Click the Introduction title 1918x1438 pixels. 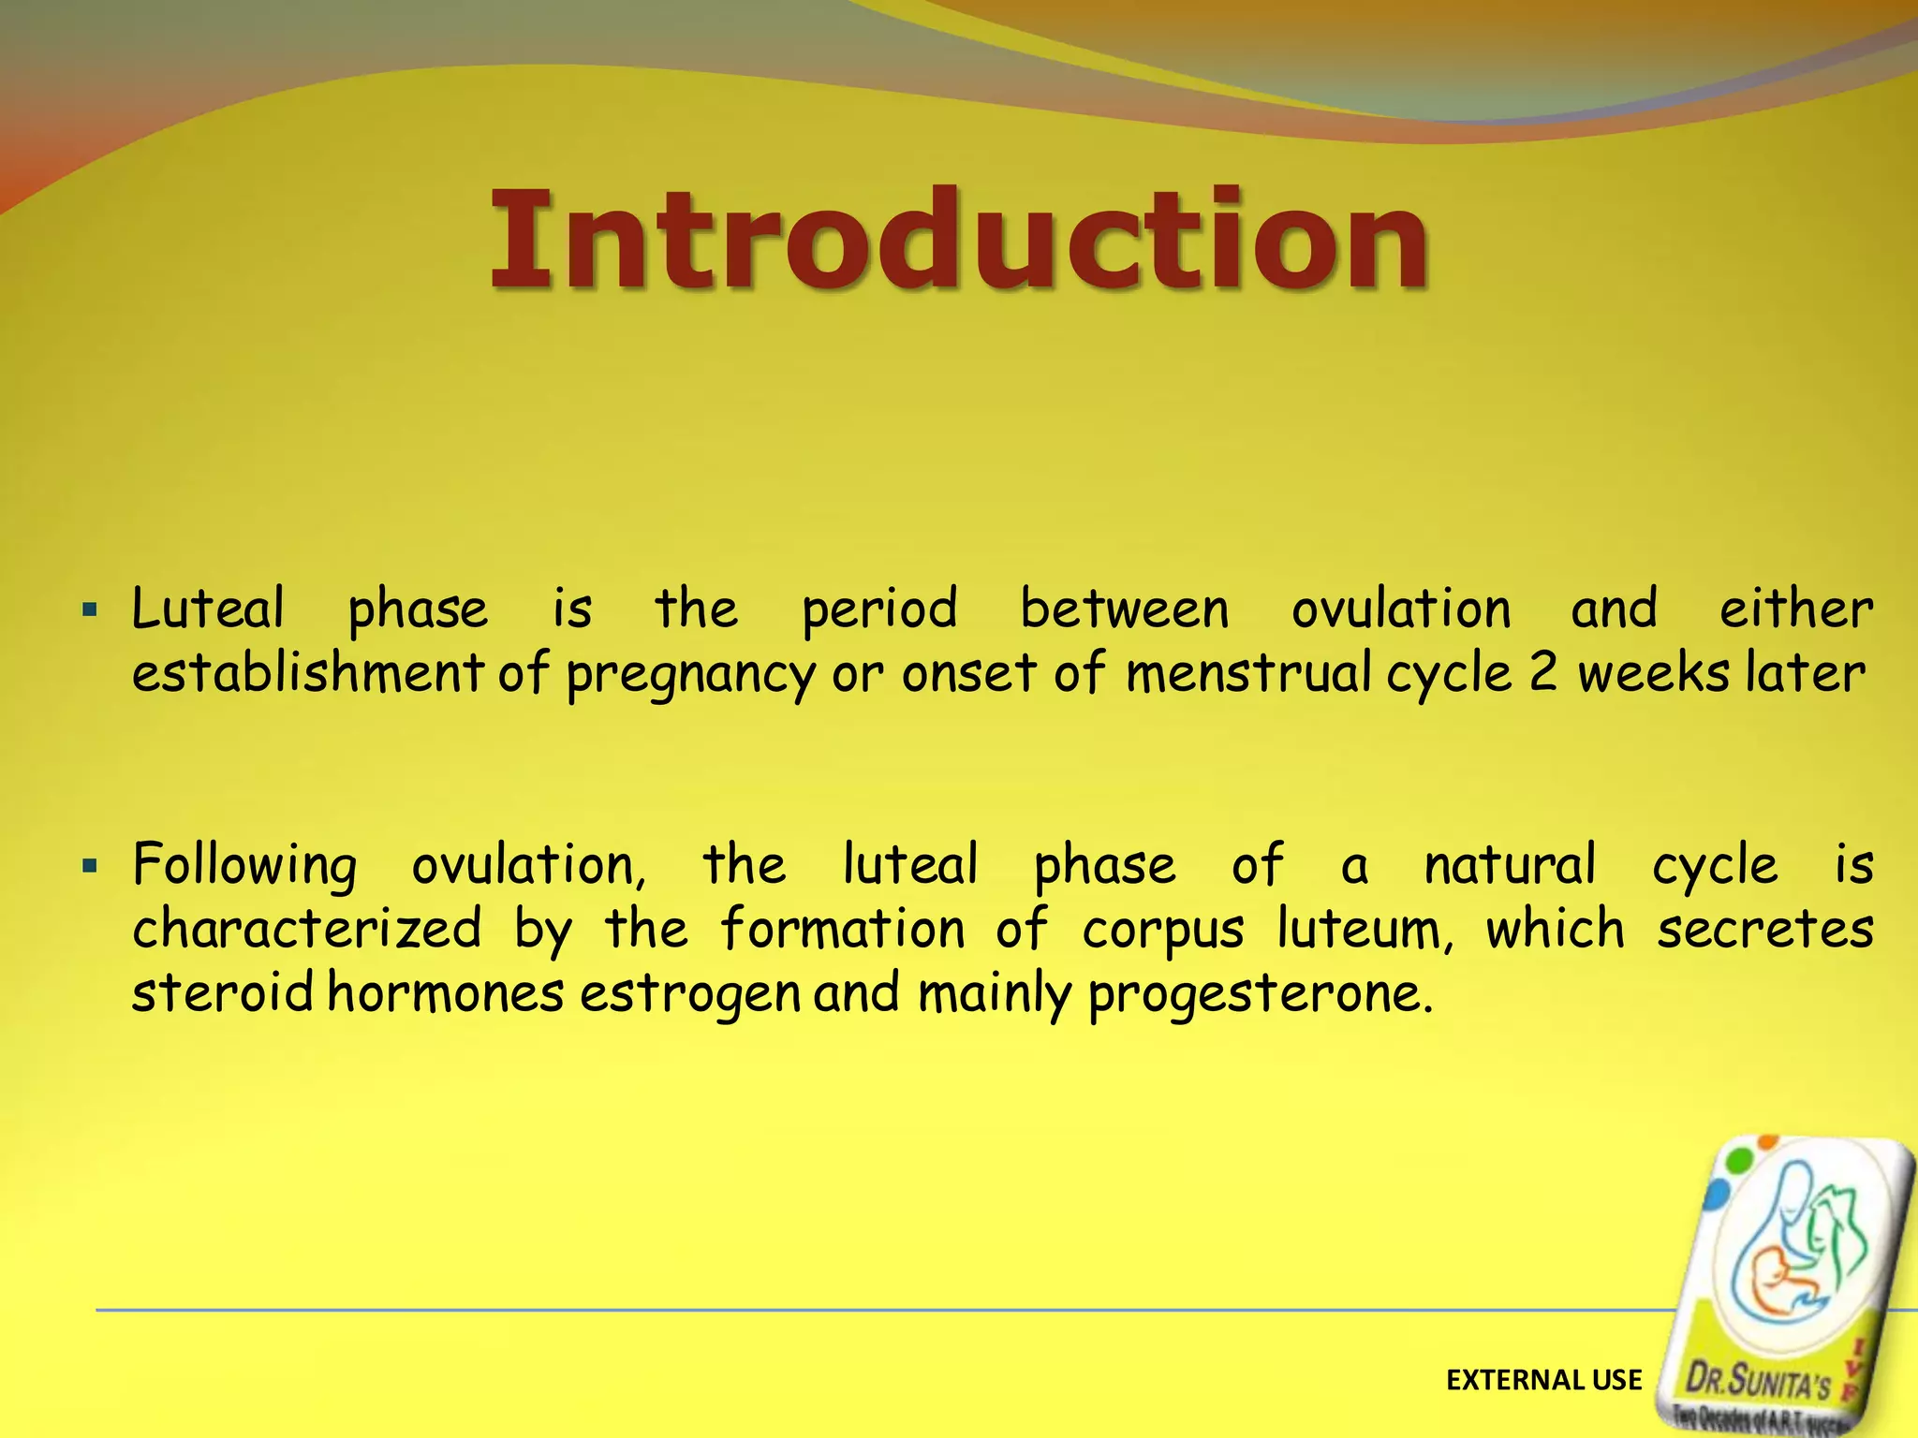coord(958,241)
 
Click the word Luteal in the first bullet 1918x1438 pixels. coord(207,609)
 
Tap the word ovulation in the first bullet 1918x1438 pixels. coord(1401,609)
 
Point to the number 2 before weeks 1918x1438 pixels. coord(1542,673)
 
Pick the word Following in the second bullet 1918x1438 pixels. coord(244,866)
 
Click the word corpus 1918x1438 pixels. coord(1163,931)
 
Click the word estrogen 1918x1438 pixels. coord(690,995)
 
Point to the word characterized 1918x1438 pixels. coord(306,929)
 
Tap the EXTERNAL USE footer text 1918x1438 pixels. coord(1543,1380)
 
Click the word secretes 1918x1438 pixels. coord(1764,929)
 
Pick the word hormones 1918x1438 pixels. coord(445,993)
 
